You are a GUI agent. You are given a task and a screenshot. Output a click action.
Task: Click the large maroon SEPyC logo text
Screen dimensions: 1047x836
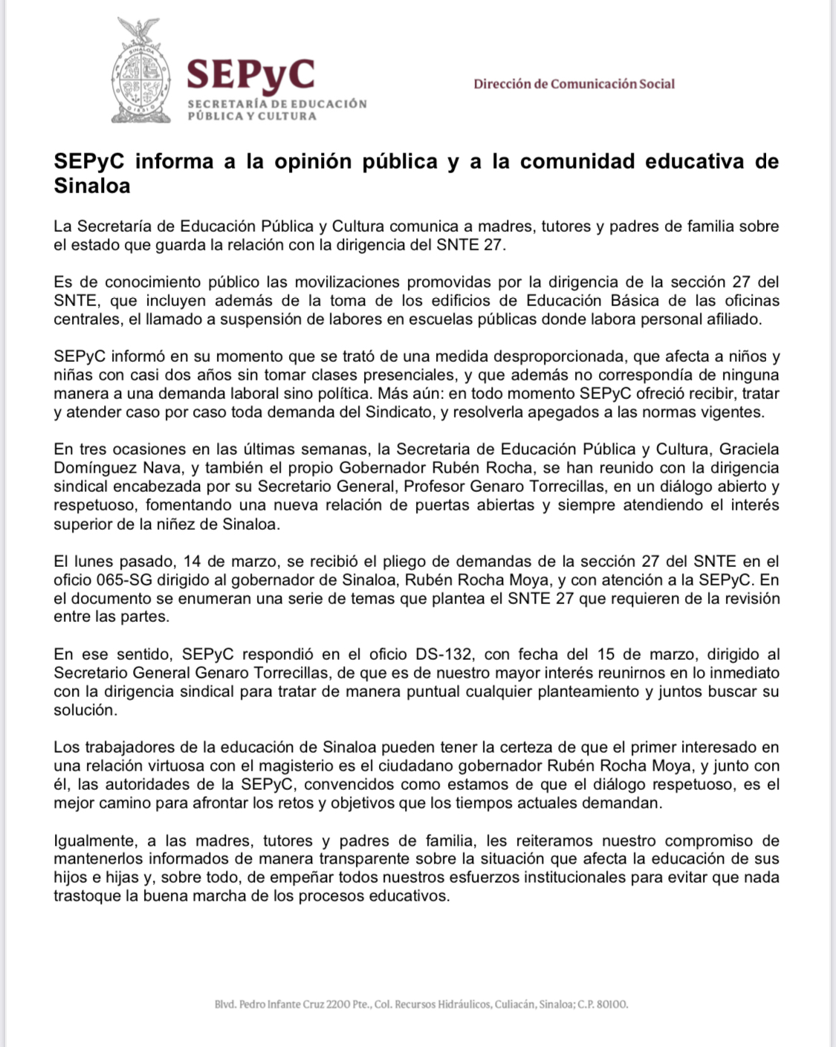click(x=250, y=74)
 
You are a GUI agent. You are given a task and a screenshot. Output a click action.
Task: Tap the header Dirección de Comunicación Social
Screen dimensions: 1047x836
click(x=574, y=84)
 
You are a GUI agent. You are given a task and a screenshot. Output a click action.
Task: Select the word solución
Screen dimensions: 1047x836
click(x=85, y=710)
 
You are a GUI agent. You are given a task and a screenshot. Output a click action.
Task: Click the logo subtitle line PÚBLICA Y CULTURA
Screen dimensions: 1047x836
click(x=252, y=116)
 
